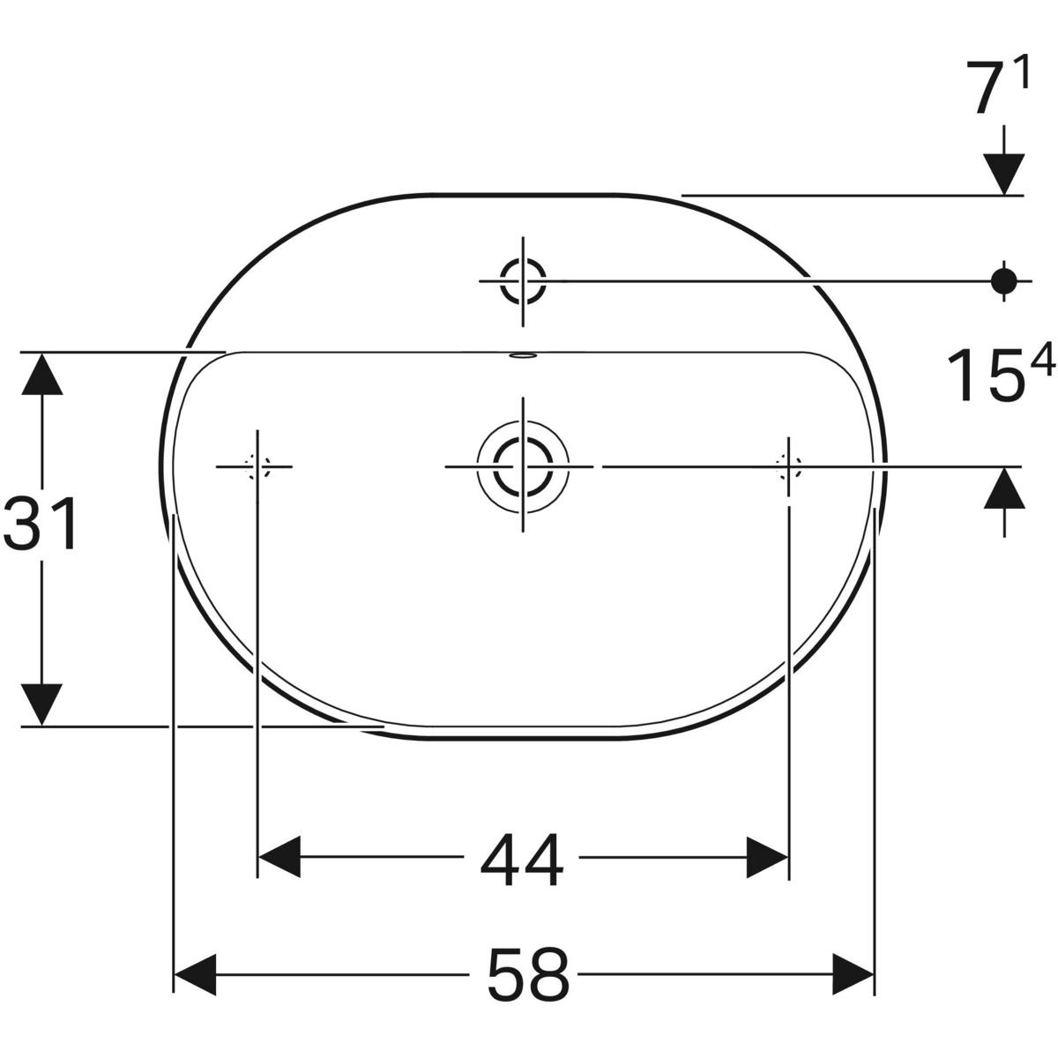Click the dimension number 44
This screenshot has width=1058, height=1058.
[x=522, y=861]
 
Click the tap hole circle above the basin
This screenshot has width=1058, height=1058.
[x=523, y=280]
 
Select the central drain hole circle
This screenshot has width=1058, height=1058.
[x=523, y=466]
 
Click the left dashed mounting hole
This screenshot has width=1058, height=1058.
[x=257, y=466]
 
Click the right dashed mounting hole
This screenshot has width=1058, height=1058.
[x=788, y=466]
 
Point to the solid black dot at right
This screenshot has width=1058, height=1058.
[x=1002, y=280]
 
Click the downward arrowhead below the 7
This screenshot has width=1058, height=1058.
[x=1003, y=173]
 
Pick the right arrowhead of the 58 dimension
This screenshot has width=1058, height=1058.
[x=853, y=973]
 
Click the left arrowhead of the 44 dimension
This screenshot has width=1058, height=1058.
[x=279, y=856]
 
